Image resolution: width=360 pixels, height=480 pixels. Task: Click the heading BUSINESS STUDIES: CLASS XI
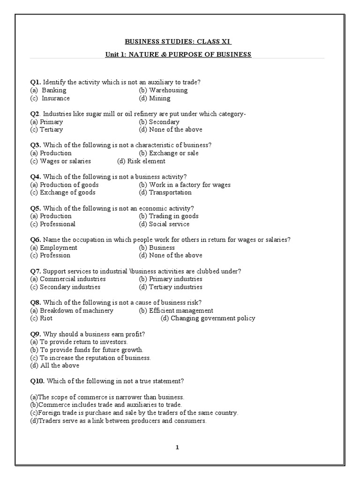(179, 42)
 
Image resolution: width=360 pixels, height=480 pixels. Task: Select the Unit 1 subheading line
(179, 54)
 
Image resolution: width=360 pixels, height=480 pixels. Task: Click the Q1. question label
(36, 82)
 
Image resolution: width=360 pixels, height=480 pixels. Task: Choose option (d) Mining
(155, 98)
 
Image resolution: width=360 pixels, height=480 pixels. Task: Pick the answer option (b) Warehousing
(163, 90)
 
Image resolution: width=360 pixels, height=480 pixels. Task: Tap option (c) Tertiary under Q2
(46, 129)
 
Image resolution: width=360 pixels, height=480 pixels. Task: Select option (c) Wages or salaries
(60, 161)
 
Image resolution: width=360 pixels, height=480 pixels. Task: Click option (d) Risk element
(141, 161)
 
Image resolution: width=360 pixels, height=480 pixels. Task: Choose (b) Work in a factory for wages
(185, 185)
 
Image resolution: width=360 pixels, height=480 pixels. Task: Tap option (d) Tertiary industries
(171, 287)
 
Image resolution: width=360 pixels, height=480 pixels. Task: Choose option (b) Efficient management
(176, 310)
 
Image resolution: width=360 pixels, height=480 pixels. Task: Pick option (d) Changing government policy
(208, 318)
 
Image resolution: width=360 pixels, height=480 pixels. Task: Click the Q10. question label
(37, 381)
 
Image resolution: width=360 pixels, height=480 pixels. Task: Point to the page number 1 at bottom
(177, 447)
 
